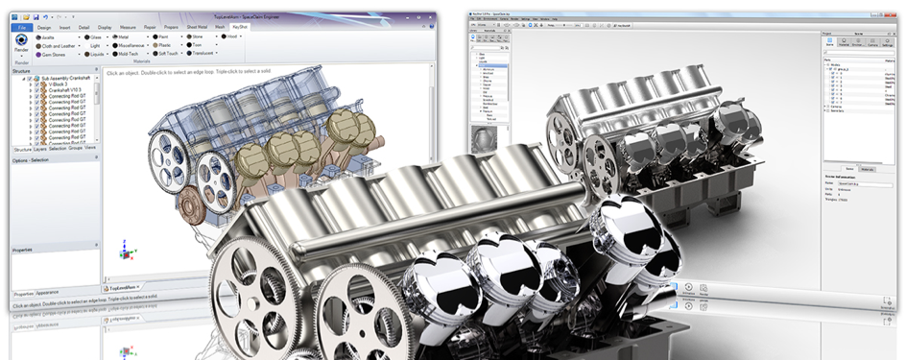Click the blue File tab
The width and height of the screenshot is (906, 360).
(x=22, y=28)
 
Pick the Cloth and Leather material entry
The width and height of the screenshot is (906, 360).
(x=60, y=45)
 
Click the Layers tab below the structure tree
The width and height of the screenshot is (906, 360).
(x=39, y=149)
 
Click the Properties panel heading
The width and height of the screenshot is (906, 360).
(x=24, y=250)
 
